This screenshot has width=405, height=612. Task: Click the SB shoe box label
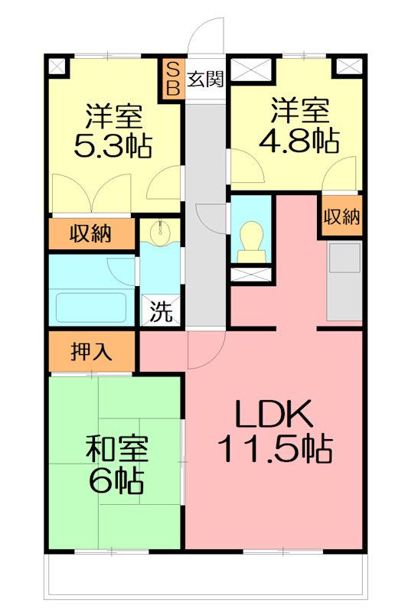click(x=172, y=77)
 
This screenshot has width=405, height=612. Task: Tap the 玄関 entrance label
click(x=204, y=77)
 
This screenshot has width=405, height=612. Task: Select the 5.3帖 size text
click(x=112, y=144)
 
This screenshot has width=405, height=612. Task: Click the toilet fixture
click(x=250, y=239)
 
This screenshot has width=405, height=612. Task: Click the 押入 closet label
click(x=92, y=352)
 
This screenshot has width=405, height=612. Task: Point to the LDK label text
click(x=273, y=416)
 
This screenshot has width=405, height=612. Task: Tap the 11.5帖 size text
click(x=276, y=449)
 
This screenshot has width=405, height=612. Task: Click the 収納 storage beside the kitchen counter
click(x=341, y=217)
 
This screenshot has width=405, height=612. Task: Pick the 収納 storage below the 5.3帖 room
click(x=91, y=233)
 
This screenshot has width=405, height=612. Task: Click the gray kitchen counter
click(x=344, y=281)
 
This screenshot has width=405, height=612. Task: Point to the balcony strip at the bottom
click(x=202, y=574)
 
